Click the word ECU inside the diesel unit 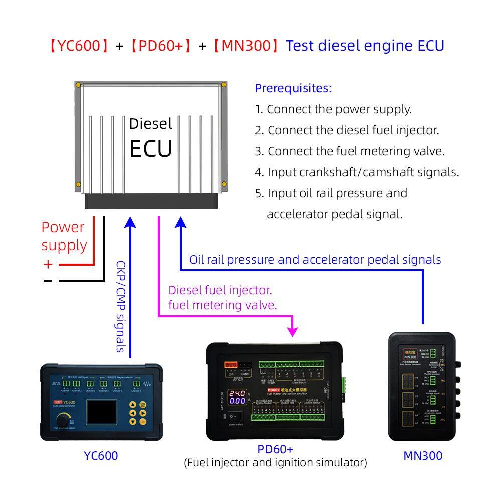[151, 148]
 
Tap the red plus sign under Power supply [48, 264]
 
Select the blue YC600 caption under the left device [101, 455]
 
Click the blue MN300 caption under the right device [423, 455]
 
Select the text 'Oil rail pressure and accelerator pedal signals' [315, 260]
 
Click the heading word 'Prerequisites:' [293, 88]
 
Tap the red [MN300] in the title [243, 46]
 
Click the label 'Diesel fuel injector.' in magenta [220, 290]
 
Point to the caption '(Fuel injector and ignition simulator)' [276, 462]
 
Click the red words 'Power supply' [64, 236]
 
